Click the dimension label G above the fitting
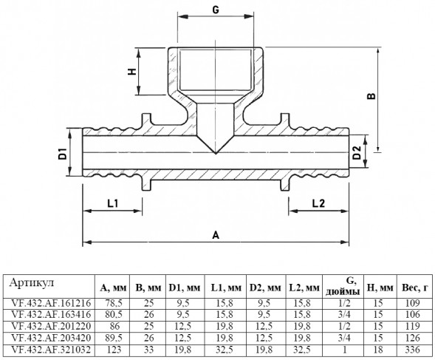click(216, 10)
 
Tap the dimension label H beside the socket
click(132, 72)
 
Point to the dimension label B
click(371, 95)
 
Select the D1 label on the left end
click(63, 154)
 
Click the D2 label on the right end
click(357, 152)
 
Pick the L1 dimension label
click(113, 203)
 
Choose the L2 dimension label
click(318, 203)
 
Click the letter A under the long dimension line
click(216, 235)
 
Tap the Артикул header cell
click(31, 283)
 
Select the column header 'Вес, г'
click(415, 288)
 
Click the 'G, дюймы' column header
click(343, 286)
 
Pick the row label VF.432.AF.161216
click(51, 303)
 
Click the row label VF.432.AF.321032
click(51, 350)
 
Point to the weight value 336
click(413, 350)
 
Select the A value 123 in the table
click(114, 350)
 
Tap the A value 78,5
click(114, 303)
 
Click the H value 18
click(378, 350)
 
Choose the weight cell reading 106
click(413, 314)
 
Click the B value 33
click(148, 350)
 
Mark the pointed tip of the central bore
click(216, 153)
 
